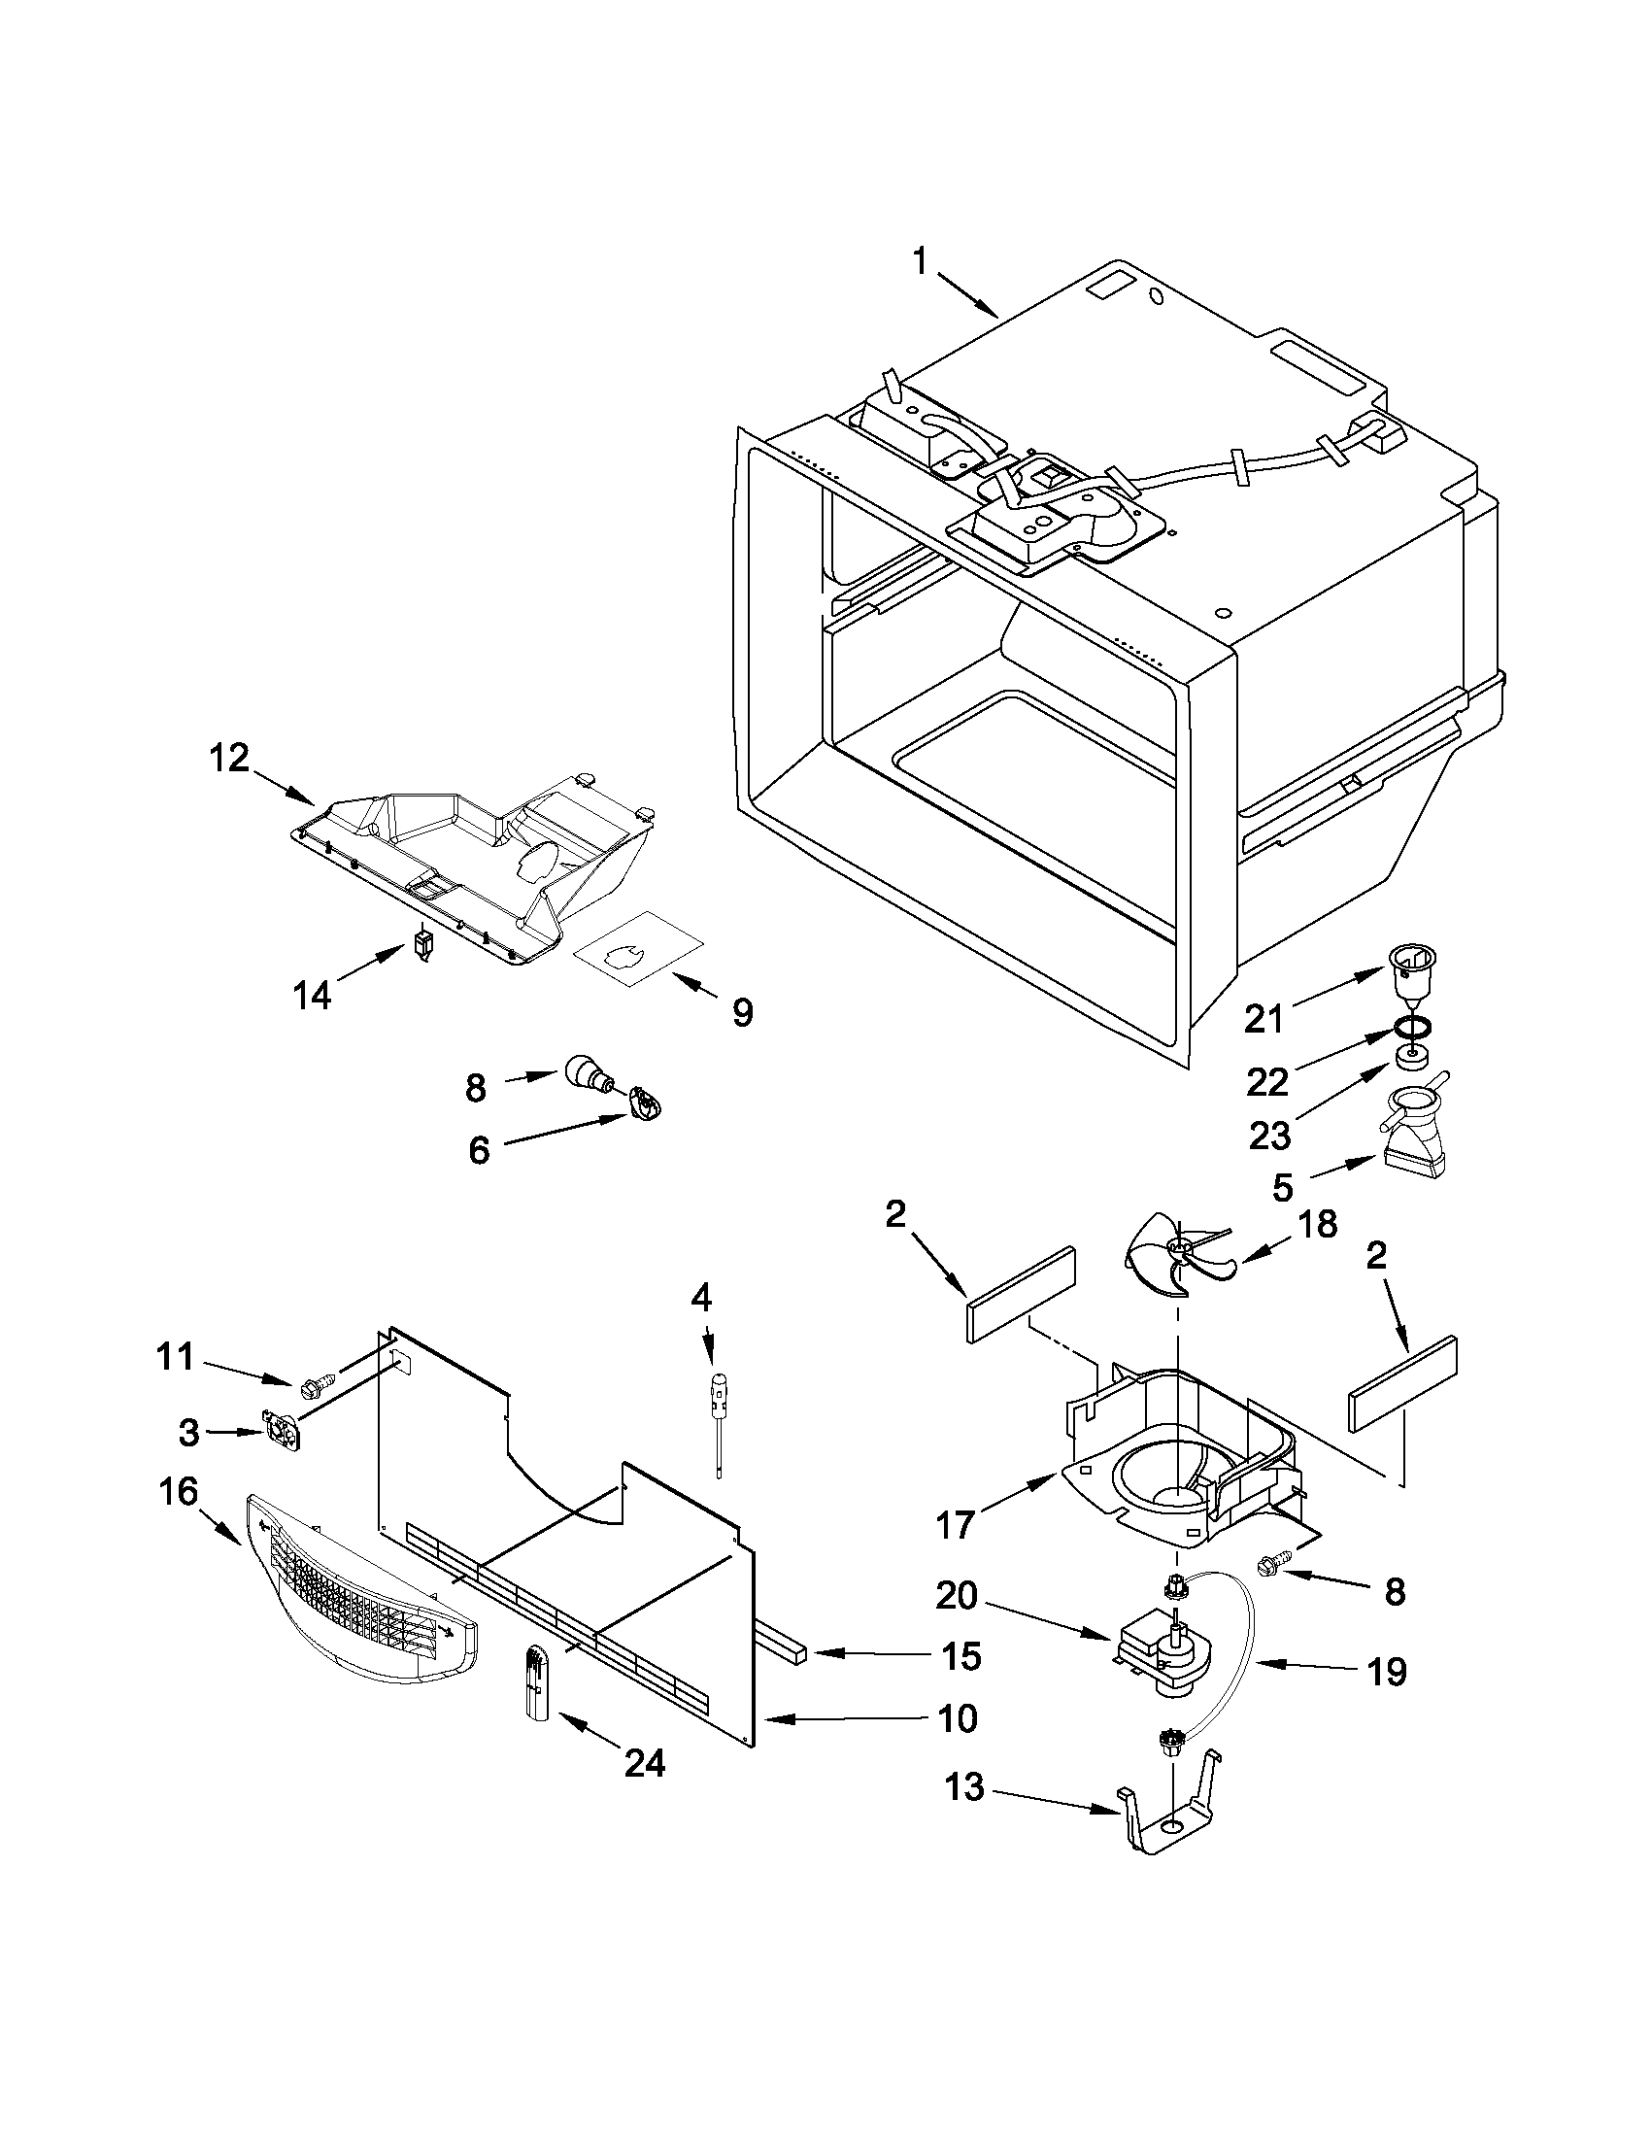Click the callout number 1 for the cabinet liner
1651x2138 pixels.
pyautogui.click(x=920, y=261)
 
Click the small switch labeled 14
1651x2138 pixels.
pyautogui.click(x=423, y=946)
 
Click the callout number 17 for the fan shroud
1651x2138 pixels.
pyautogui.click(x=956, y=1524)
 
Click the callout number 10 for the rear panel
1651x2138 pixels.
pyautogui.click(x=958, y=1718)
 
